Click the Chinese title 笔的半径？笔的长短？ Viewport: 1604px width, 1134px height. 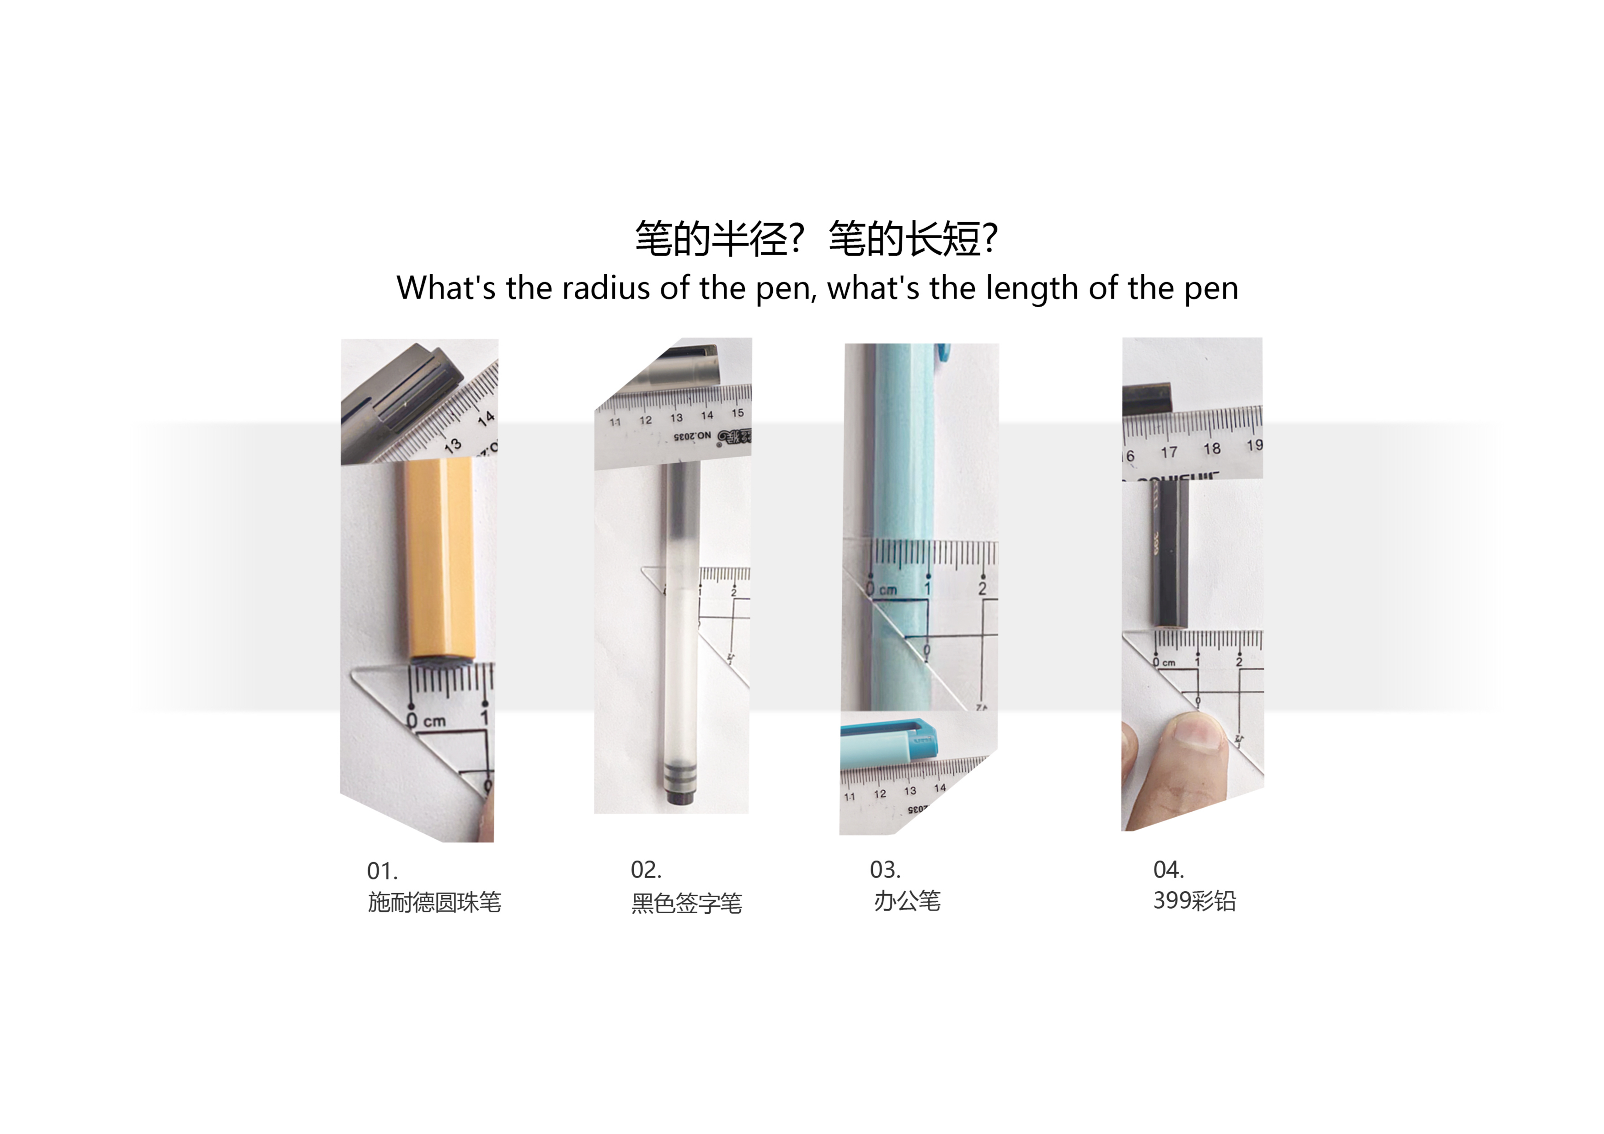point(816,239)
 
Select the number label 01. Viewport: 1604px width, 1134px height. point(382,872)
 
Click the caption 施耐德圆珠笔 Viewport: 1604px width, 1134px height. point(434,902)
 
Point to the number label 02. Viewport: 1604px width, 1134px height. point(646,870)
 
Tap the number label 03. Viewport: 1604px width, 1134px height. point(885,870)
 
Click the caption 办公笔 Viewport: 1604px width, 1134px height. point(908,901)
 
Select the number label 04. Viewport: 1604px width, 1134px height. point(1169,870)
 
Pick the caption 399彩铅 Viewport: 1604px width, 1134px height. point(1195,901)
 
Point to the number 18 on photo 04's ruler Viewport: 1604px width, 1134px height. point(1212,448)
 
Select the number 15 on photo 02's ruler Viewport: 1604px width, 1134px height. point(738,413)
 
